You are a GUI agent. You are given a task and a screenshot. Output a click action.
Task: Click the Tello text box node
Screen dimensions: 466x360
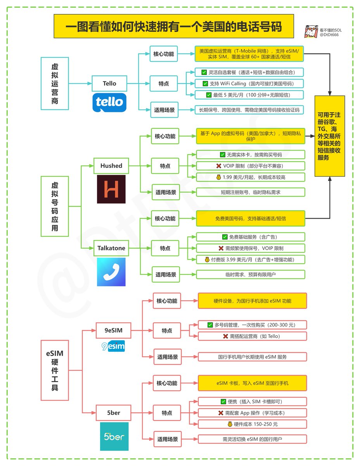point(109,83)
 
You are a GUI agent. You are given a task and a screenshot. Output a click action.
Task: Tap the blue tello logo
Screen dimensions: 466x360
point(109,103)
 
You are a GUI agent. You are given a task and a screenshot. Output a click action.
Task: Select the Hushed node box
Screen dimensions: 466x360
point(111,166)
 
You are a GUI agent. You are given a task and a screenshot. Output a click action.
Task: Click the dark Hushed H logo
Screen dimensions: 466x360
point(111,189)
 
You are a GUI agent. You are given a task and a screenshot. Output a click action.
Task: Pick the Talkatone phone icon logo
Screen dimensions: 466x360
point(111,272)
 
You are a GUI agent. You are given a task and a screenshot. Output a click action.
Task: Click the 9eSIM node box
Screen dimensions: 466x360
point(113,330)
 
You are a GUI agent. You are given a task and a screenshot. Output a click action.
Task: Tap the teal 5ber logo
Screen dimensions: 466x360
point(114,436)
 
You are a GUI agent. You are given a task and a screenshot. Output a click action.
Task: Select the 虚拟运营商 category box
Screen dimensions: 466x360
point(55,83)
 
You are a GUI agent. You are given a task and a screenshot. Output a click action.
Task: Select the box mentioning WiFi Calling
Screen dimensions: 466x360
point(250,83)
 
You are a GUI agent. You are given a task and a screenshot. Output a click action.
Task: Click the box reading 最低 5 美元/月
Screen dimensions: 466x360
point(250,95)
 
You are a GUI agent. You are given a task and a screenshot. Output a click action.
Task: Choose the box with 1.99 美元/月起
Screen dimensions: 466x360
point(251,177)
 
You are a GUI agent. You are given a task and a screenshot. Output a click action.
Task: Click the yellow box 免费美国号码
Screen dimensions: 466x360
point(251,219)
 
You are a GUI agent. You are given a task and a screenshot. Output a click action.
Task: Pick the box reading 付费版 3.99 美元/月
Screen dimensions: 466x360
point(251,259)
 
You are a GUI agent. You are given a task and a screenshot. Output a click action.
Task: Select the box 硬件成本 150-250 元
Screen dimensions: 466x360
point(253,424)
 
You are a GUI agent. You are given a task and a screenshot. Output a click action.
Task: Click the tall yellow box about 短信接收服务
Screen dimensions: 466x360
point(329,136)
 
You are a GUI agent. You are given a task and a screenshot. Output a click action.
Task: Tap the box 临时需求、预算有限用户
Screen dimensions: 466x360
point(251,275)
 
